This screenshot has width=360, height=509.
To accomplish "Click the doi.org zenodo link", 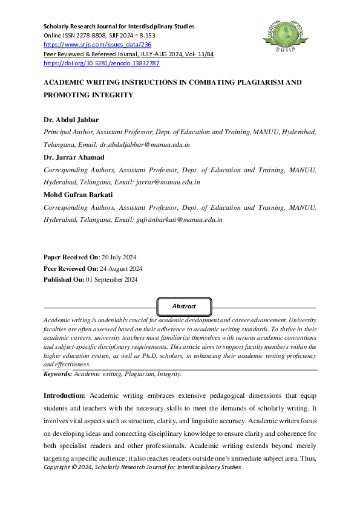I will pyautogui.click(x=102, y=63).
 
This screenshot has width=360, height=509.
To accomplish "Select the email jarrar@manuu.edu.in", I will pyautogui.click(x=163, y=182).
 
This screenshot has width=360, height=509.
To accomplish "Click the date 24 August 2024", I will pyautogui.click(x=117, y=268).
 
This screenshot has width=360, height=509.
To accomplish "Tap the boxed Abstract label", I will pyautogui.click(x=184, y=306).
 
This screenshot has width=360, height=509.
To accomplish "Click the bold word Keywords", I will pyautogui.click(x=57, y=375).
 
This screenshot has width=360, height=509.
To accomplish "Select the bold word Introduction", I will pyautogui.click(x=64, y=395).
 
